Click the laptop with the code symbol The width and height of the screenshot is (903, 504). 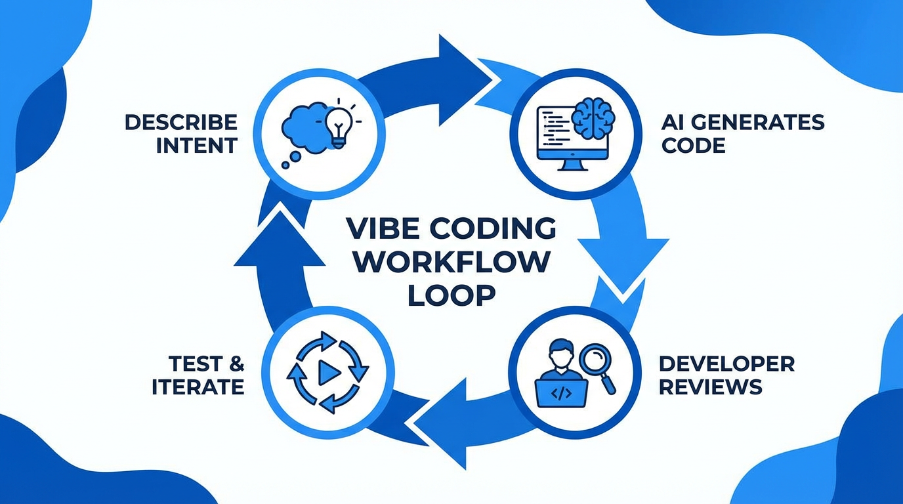pyautogui.click(x=559, y=392)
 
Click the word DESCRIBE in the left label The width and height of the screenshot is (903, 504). pyautogui.click(x=180, y=122)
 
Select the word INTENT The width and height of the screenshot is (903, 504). pyautogui.click(x=196, y=145)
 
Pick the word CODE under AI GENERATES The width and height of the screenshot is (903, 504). pyautogui.click(x=693, y=145)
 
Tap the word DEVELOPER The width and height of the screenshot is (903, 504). pyautogui.click(x=726, y=364)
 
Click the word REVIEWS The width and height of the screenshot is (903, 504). pyautogui.click(x=710, y=387)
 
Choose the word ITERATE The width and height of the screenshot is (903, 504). pyautogui.click(x=198, y=387)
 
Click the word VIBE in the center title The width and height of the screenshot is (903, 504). pyautogui.click(x=379, y=229)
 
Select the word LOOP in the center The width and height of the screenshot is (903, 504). pyautogui.click(x=451, y=295)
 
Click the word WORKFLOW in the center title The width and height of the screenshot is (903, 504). pyautogui.click(x=455, y=262)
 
